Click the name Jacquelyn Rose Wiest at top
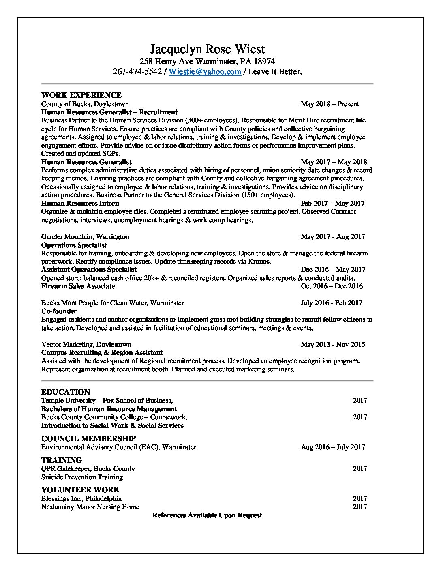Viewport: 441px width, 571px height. coord(207,49)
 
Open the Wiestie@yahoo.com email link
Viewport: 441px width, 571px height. coord(205,72)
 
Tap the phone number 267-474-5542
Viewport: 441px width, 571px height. coord(137,72)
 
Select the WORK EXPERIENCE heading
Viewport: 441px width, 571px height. coord(81,95)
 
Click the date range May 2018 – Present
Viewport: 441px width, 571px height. coord(330,104)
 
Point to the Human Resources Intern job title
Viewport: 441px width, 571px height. coord(80,203)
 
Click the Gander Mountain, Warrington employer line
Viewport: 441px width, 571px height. coord(85,236)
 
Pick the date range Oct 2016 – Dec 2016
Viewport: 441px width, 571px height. coord(332,286)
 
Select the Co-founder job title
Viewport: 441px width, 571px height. coord(59,311)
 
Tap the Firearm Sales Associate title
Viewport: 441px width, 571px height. coord(78,286)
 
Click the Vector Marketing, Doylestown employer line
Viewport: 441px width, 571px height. coord(86,344)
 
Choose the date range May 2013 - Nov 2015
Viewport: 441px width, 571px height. coord(333,344)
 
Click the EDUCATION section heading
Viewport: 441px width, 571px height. coord(66,392)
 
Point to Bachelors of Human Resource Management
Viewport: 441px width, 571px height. coord(109,409)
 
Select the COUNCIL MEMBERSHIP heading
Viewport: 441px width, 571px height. coord(88,438)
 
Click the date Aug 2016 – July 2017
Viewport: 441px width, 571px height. coord(333,447)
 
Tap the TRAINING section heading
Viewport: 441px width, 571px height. coord(62,460)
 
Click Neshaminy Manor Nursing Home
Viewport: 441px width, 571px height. coord(90,507)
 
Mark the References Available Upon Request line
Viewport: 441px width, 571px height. coord(207,515)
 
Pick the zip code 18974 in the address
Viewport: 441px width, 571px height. coord(264,62)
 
